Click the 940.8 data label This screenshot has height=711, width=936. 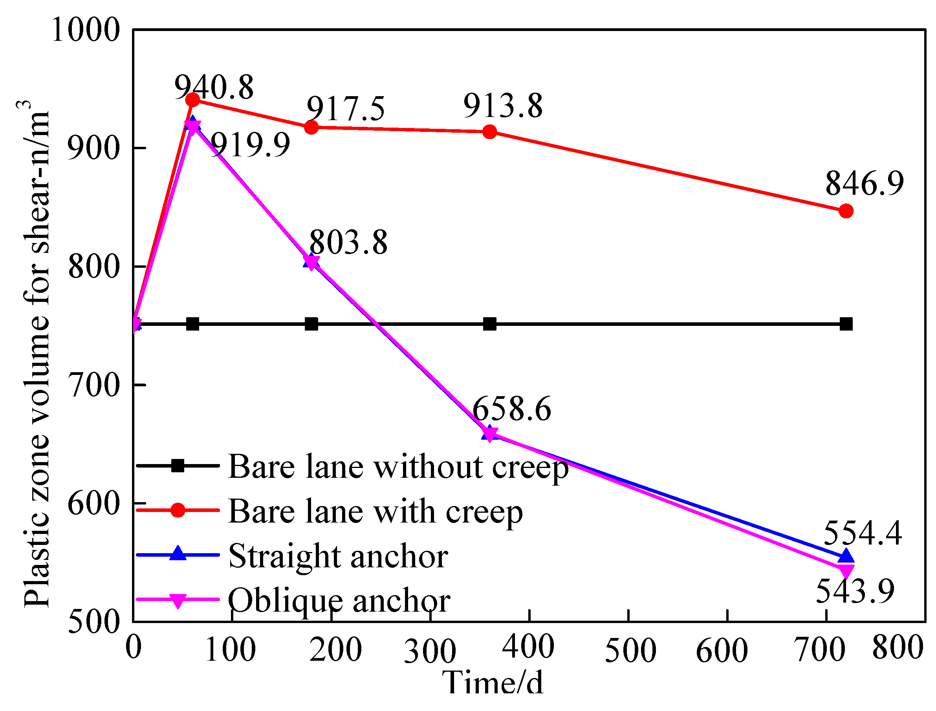click(x=214, y=88)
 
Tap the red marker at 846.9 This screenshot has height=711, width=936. click(x=846, y=211)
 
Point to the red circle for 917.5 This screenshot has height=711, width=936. click(x=311, y=127)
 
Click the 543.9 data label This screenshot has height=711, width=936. click(x=855, y=591)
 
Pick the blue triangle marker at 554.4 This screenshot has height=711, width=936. click(x=846, y=556)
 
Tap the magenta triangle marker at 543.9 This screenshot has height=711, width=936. click(x=846, y=571)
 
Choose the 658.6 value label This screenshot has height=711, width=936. click(x=511, y=409)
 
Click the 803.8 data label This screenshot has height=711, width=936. click(x=348, y=243)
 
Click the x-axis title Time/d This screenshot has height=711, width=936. click(x=492, y=683)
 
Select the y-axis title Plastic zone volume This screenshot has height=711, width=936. click(x=37, y=360)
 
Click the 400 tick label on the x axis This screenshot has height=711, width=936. click(x=528, y=647)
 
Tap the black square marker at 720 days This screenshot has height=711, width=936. click(x=846, y=325)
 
